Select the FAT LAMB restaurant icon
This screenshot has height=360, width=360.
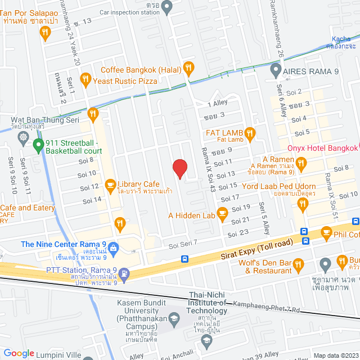coord(251,133)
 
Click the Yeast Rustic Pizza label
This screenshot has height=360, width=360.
coord(125,80)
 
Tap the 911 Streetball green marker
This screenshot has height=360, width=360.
coord(38,146)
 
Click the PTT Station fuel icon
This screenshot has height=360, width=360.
coord(124,274)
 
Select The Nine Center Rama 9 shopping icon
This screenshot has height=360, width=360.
coord(113,247)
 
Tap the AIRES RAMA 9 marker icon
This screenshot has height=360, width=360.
coord(276,71)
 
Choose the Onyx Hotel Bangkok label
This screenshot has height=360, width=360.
coord(322,148)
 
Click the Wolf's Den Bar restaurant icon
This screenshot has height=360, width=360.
coord(299,263)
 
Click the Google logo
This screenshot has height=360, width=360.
coord(19,353)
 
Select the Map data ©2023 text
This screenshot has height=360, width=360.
coord(335,355)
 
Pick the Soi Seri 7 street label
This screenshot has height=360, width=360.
coord(183,243)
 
